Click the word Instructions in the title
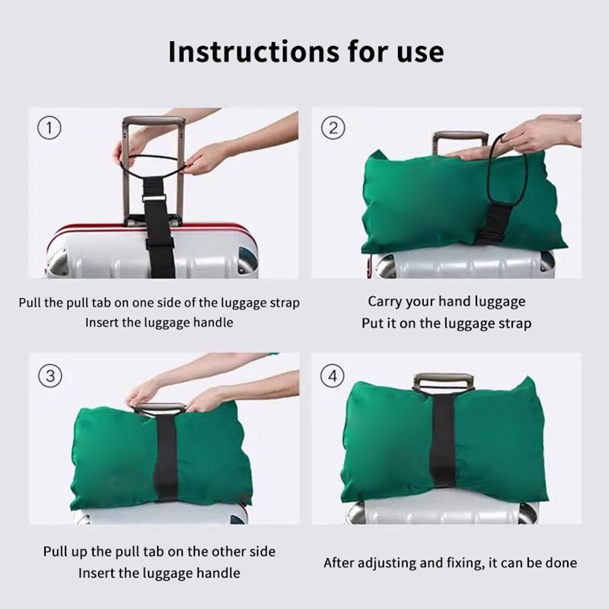[x=253, y=51]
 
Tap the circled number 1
[x=49, y=128]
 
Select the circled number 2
[x=333, y=128]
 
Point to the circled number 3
[x=50, y=376]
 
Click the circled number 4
[x=333, y=376]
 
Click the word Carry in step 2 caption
[x=385, y=301]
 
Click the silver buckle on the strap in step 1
[x=154, y=198]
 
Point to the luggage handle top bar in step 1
[x=154, y=120]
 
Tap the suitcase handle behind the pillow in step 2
[x=461, y=139]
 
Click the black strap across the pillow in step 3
[x=166, y=458]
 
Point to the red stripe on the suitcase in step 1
[x=151, y=227]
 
